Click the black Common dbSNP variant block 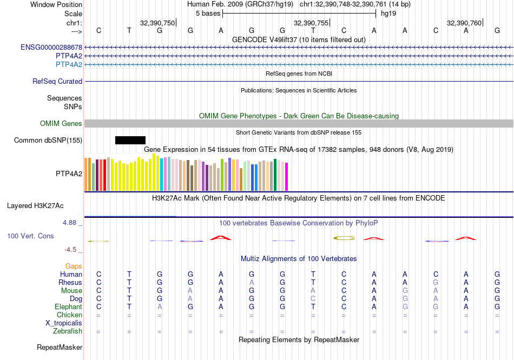(x=130, y=141)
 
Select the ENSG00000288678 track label (x=51, y=48)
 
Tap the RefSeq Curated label (x=57, y=82)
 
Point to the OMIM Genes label (x=61, y=124)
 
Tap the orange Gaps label (x=74, y=266)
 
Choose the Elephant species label (x=68, y=307)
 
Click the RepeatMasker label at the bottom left (x=60, y=347)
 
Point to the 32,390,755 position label (x=311, y=23)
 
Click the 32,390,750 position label (x=157, y=23)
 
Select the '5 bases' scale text (x=208, y=14)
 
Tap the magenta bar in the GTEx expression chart (x=287, y=177)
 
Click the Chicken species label (x=69, y=315)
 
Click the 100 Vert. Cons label (x=30, y=236)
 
